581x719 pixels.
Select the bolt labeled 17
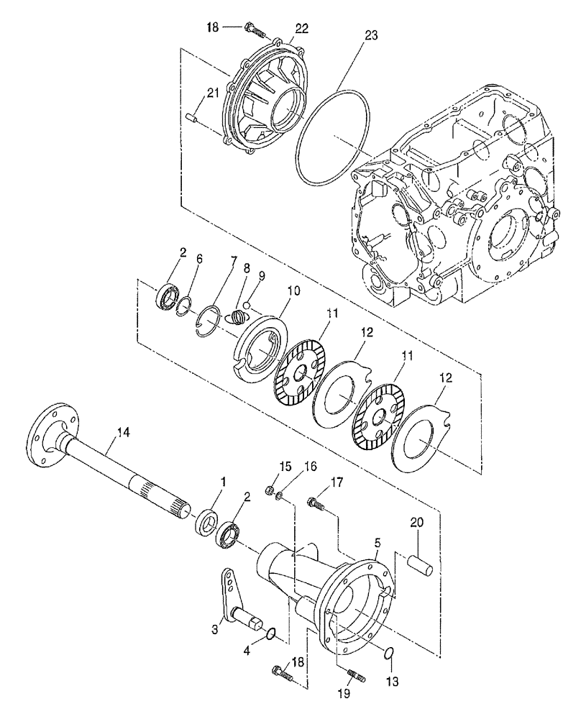point(316,504)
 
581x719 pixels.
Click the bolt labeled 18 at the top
point(255,29)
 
